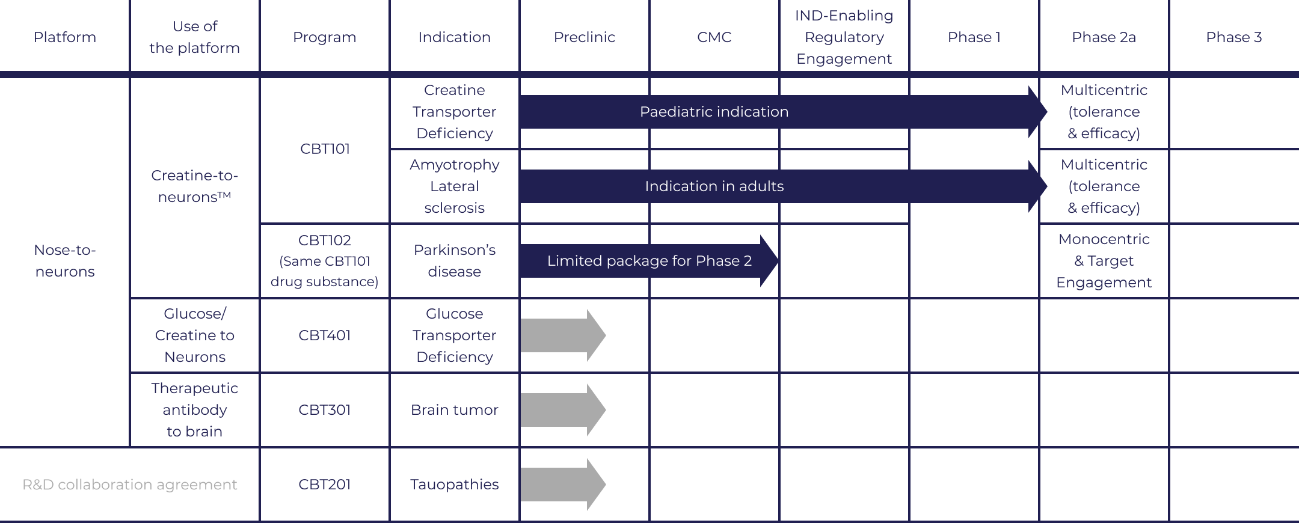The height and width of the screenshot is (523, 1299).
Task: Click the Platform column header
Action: pyautogui.click(x=65, y=37)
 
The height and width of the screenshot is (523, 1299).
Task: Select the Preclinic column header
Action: pyautogui.click(x=584, y=37)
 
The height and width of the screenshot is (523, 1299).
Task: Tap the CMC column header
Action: pyautogui.click(x=714, y=37)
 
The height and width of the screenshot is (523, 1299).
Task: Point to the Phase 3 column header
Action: pyautogui.click(x=1233, y=37)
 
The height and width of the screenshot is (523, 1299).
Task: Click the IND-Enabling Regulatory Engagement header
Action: pyautogui.click(x=844, y=37)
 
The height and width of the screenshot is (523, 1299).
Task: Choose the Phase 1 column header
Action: pyautogui.click(x=974, y=37)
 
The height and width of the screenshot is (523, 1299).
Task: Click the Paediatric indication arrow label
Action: pyautogui.click(x=714, y=112)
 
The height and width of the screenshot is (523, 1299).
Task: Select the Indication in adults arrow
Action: pyautogui.click(x=714, y=186)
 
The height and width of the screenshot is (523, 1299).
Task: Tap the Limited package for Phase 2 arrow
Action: pyautogui.click(x=649, y=261)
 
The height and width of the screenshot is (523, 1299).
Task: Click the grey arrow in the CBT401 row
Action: pyautogui.click(x=562, y=335)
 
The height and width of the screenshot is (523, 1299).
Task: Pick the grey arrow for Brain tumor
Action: pyautogui.click(x=562, y=410)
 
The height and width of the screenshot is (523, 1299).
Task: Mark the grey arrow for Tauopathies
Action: pyautogui.click(x=562, y=485)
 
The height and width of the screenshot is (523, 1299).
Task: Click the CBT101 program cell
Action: pyautogui.click(x=325, y=149)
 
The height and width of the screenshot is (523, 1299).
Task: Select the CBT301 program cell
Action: pyautogui.click(x=325, y=410)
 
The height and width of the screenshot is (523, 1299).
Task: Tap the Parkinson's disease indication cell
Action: pyautogui.click(x=454, y=261)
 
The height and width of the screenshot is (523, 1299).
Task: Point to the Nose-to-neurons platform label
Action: pyautogui.click(x=65, y=261)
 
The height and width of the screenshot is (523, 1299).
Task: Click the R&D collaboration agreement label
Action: pyautogui.click(x=130, y=485)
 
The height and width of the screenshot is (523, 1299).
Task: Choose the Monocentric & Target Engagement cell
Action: pyautogui.click(x=1104, y=261)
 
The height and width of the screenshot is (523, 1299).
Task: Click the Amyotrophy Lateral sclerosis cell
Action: pyautogui.click(x=454, y=186)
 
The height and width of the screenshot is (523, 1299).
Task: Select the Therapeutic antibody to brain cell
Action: pyautogui.click(x=195, y=410)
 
